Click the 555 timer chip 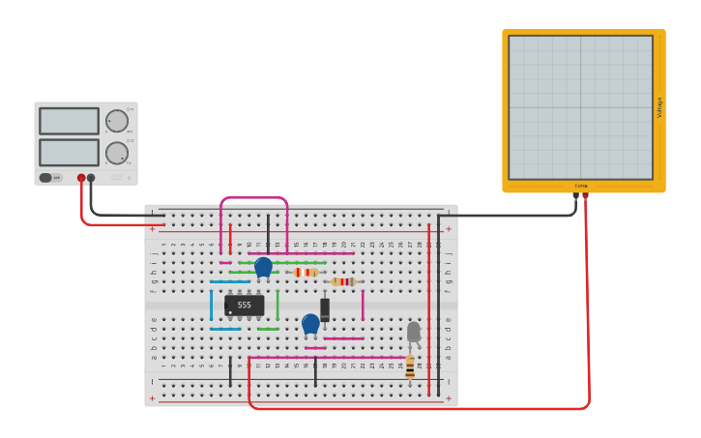click(244, 306)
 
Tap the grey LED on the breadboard click(414, 332)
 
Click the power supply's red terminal click(81, 178)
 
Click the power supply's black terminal click(91, 178)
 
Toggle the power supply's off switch click(48, 178)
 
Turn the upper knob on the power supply click(117, 121)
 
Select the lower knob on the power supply click(117, 153)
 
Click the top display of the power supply click(69, 121)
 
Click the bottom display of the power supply click(69, 153)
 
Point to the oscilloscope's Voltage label click(659, 107)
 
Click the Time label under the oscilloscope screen click(581, 186)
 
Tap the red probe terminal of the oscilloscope click(586, 196)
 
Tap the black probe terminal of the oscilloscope click(576, 196)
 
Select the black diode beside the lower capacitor click(325, 309)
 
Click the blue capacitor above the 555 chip click(263, 266)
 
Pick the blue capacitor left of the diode click(310, 323)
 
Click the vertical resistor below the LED click(410, 367)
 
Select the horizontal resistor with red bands click(306, 273)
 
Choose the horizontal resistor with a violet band click(343, 282)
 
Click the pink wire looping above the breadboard click(254, 198)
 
